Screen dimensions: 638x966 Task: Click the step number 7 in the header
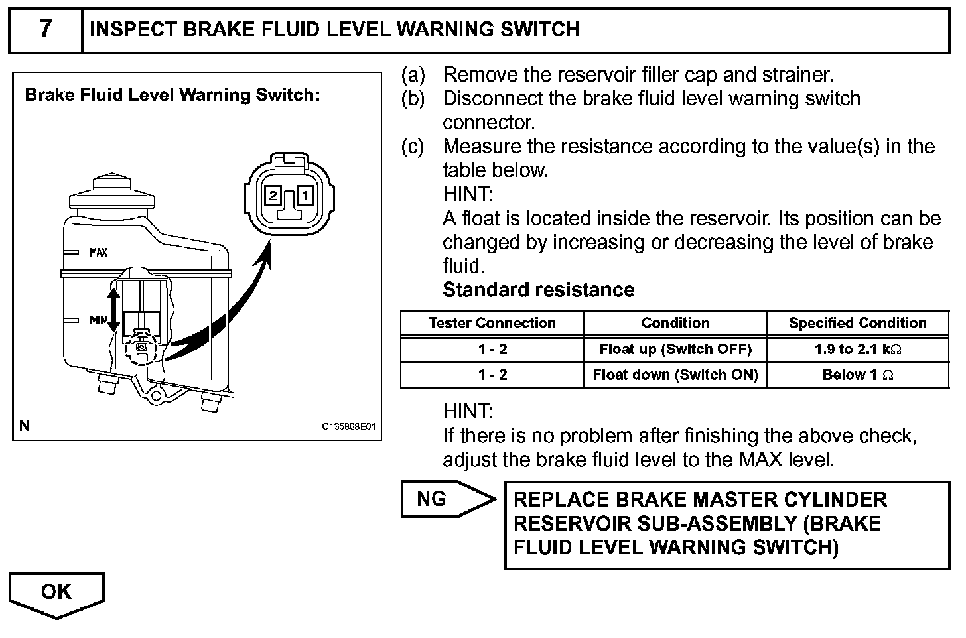[x=45, y=29]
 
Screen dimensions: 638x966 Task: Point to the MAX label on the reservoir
[x=98, y=253]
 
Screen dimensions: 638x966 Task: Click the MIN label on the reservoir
[x=98, y=320]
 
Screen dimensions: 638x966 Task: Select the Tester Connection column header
[x=492, y=323]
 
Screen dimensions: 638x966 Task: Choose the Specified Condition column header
[x=857, y=323]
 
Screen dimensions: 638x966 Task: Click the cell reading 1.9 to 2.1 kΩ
[x=857, y=350]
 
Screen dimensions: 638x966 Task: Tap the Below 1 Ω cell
[x=857, y=375]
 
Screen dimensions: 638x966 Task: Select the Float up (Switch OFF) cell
[x=675, y=350]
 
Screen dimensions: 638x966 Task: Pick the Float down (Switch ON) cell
[x=675, y=375]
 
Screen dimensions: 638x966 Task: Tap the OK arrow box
[x=57, y=592]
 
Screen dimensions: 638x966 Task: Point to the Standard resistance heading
[x=538, y=290]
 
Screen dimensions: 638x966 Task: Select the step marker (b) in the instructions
[x=412, y=99]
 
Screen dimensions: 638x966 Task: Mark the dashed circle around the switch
[x=140, y=347]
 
